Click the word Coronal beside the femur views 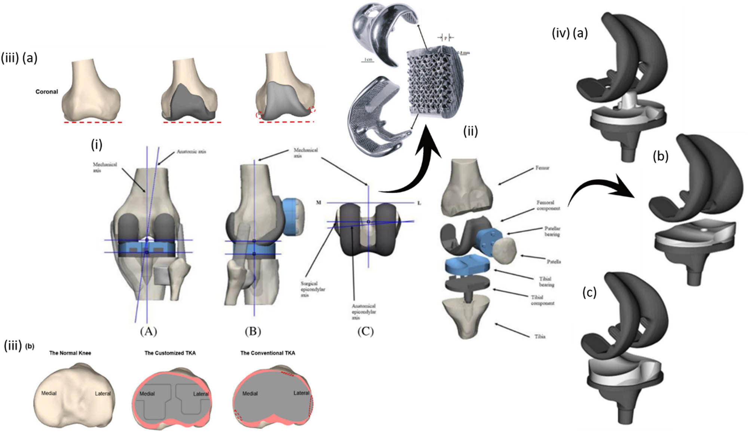(47, 92)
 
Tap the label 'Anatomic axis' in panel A (191, 152)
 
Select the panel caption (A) (148, 332)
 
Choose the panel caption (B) (253, 332)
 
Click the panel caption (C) (365, 332)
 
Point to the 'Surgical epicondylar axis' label (313, 289)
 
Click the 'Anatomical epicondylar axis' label (364, 312)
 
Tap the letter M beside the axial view (319, 203)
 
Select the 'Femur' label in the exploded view (542, 168)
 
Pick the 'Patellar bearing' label (552, 231)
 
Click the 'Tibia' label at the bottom (539, 336)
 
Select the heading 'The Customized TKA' (170, 353)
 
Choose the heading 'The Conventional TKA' (267, 353)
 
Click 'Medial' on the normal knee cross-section (49, 393)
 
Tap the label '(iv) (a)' (570, 33)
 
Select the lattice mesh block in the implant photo (434, 84)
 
